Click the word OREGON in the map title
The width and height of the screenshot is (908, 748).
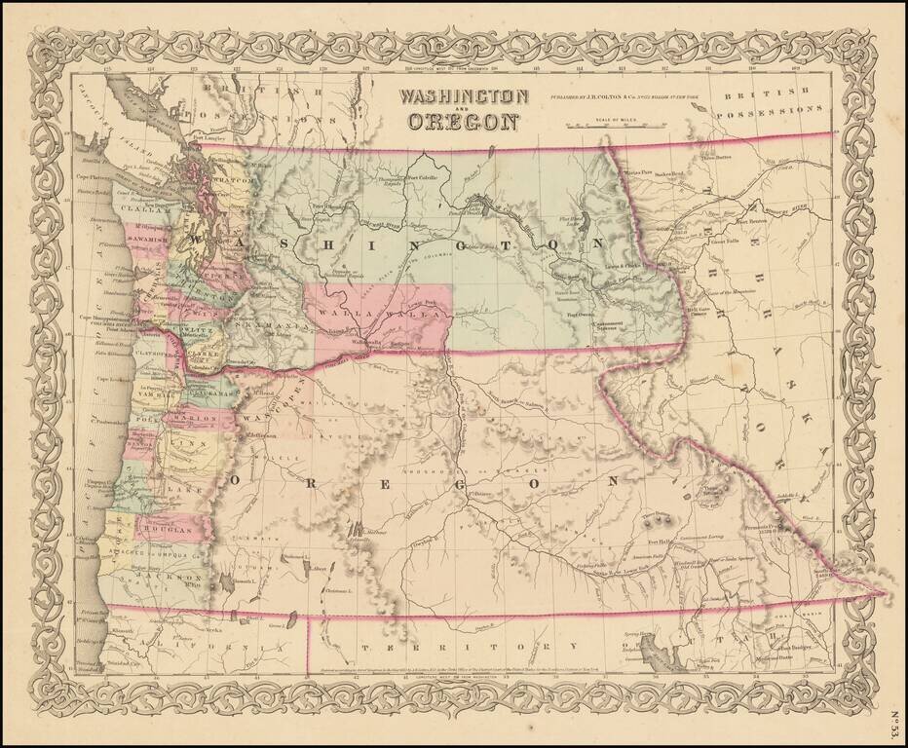click(x=464, y=123)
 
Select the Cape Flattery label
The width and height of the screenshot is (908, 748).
click(x=90, y=177)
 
